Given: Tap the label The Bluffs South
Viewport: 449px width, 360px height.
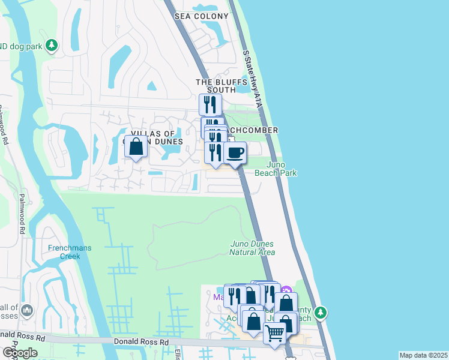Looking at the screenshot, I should pyautogui.click(x=214, y=86).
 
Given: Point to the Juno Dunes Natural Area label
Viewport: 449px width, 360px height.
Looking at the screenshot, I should pyautogui.click(x=252, y=248).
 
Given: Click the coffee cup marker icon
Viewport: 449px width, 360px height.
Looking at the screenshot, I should pyautogui.click(x=235, y=152).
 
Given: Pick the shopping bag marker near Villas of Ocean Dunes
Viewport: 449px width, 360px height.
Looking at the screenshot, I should pyautogui.click(x=136, y=146).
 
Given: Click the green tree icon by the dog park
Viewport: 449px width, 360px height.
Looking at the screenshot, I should pyautogui.click(x=52, y=45).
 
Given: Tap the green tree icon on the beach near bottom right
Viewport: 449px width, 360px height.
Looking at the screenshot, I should pyautogui.click(x=321, y=312).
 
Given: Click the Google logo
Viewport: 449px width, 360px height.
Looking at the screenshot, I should pyautogui.click(x=20, y=353).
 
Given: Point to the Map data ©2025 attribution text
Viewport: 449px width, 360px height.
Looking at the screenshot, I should pyautogui.click(x=424, y=355).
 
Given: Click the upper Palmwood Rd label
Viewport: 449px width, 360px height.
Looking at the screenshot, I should pyautogui.click(x=4, y=128).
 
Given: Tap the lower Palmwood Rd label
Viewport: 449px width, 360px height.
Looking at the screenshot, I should pyautogui.click(x=22, y=213).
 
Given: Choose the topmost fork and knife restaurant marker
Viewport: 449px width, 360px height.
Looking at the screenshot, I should pyautogui.click(x=210, y=104).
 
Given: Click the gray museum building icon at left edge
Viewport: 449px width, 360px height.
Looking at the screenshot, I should pyautogui.click(x=27, y=310).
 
